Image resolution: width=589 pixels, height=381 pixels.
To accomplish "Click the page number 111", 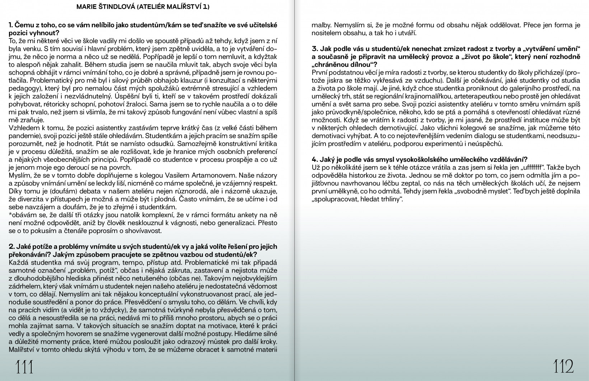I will pyautogui.click(x=24, y=367).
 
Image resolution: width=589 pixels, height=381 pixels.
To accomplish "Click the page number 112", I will pyautogui.click(x=564, y=367).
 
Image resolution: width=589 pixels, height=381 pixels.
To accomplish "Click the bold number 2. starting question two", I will pyautogui.click(x=11, y=247).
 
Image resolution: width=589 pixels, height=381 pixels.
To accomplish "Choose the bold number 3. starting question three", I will pyautogui.click(x=315, y=48).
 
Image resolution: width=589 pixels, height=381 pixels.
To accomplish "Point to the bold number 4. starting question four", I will pyautogui.click(x=315, y=159).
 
